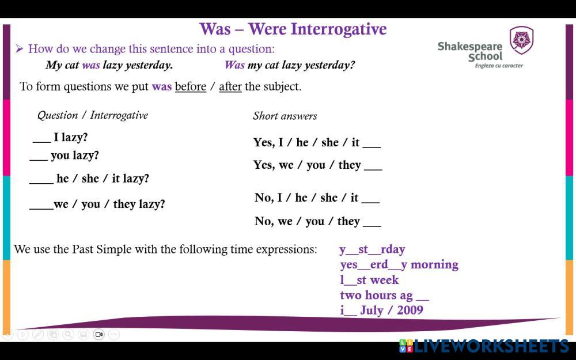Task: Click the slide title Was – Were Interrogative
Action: click(293, 29)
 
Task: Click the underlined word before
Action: click(191, 86)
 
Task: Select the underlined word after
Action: click(230, 86)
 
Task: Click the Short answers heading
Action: click(285, 116)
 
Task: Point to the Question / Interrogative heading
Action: click(93, 115)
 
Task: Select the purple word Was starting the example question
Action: click(234, 65)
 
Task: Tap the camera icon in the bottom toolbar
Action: click(98, 334)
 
